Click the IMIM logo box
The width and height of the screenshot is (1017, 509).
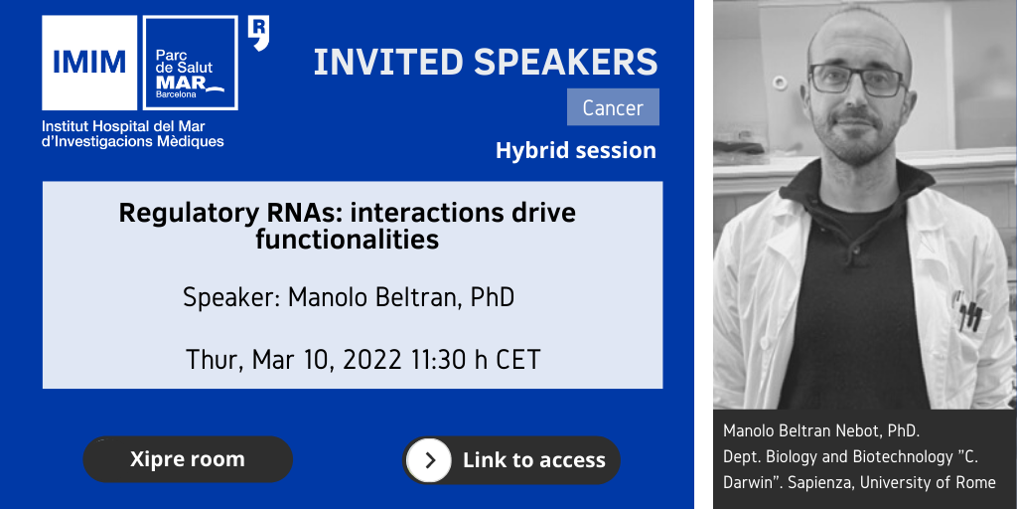[x=89, y=63]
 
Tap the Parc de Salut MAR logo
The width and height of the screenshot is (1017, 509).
[x=190, y=63]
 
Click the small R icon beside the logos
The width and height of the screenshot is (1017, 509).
[x=258, y=34]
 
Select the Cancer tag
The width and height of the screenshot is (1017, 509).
[x=613, y=107]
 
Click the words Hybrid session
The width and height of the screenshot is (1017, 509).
[x=576, y=151]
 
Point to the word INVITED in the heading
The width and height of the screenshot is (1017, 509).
[x=388, y=62]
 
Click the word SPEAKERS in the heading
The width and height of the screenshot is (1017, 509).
[x=565, y=62]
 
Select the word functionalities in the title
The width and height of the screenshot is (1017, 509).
[x=347, y=241]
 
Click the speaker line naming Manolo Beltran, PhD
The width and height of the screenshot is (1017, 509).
[x=349, y=297]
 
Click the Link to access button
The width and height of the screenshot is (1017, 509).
[x=511, y=460]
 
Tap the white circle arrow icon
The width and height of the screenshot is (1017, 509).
[x=429, y=460]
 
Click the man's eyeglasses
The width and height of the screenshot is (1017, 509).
[x=857, y=80]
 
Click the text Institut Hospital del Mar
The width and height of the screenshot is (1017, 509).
[x=123, y=126]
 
